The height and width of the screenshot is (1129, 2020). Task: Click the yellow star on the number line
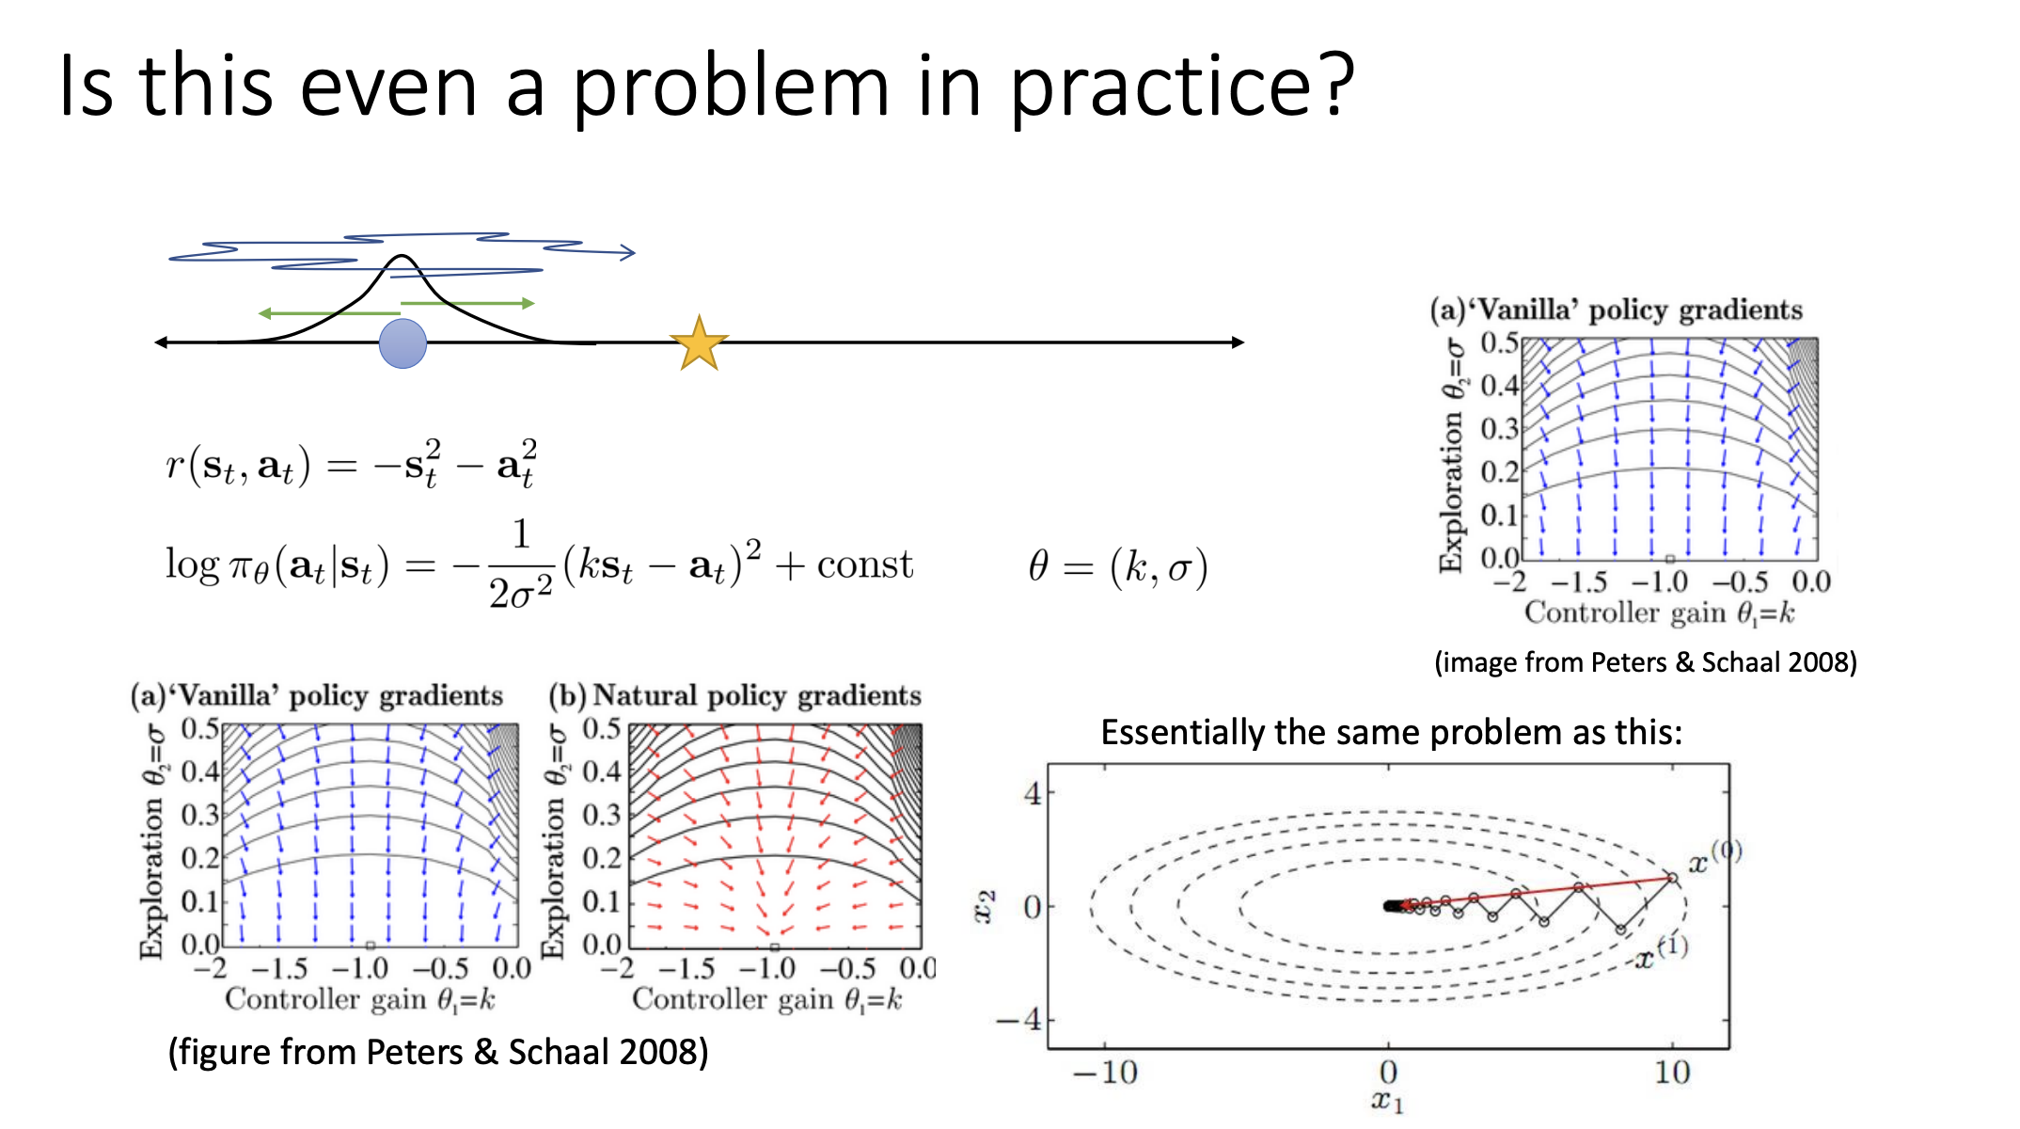tap(699, 343)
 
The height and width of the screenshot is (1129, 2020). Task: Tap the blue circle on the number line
tap(402, 343)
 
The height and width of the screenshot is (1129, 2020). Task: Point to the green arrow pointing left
tap(329, 313)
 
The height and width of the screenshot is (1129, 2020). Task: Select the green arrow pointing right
tap(468, 303)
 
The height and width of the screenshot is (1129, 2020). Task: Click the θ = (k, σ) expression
tap(1118, 566)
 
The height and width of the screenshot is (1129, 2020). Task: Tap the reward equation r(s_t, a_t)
tap(352, 463)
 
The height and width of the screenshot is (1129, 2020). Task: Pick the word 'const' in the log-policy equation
tap(864, 564)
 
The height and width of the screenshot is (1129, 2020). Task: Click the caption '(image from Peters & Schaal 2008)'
tap(1646, 662)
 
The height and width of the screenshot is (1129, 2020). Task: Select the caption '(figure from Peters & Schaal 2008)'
tap(438, 1052)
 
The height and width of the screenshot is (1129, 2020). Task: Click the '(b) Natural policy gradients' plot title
tap(735, 695)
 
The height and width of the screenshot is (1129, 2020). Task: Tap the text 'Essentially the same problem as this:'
tap(1392, 732)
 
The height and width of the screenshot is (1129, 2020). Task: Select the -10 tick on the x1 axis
tap(1105, 1073)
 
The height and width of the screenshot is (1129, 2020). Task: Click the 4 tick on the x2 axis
tap(1033, 794)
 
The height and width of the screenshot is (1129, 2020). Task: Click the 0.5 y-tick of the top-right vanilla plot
tap(1500, 342)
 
